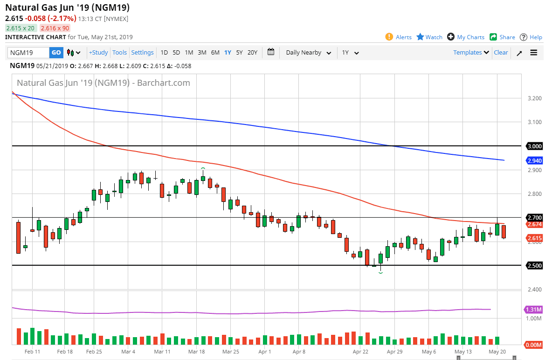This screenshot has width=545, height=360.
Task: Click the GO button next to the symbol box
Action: point(56,53)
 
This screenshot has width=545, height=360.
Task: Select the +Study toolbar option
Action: point(98,53)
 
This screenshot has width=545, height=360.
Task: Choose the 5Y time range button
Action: point(239,53)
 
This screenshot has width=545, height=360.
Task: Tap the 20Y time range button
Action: point(252,53)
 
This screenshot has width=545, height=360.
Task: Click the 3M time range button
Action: point(202,53)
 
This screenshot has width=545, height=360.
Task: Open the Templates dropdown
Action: point(471,53)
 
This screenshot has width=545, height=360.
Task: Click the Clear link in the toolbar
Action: point(501,53)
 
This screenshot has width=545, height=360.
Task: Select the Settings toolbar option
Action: point(142,53)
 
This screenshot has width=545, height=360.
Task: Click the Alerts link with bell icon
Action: point(399,37)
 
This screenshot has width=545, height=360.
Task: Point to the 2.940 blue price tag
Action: point(534,160)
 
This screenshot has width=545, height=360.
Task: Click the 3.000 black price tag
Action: point(534,146)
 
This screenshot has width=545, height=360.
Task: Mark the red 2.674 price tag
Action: point(534,224)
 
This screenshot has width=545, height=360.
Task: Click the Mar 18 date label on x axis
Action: point(196,352)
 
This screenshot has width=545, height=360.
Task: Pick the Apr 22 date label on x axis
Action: point(361,352)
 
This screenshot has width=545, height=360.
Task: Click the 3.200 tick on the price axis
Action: point(534,98)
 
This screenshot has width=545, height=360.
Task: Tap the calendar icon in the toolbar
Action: point(271,52)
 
